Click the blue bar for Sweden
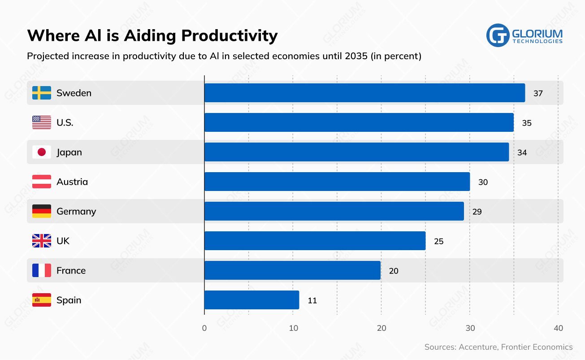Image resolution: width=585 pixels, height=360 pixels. coord(364,93)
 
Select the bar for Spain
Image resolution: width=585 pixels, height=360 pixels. coord(251,300)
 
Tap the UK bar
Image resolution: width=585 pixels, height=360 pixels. coord(315,241)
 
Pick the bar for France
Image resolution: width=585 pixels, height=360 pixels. coord(292,270)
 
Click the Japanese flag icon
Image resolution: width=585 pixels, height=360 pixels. coord(42,152)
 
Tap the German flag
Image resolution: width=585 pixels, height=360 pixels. coord(42,211)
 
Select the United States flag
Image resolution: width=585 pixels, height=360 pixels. coord(42,122)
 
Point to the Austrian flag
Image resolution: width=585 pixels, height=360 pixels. coord(42,182)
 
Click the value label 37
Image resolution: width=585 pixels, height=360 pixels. coord(538,93)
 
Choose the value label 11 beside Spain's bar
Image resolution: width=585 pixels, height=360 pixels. coord(312,300)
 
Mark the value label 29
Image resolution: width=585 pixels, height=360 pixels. coord(477,212)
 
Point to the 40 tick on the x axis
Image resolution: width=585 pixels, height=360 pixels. coord(558,328)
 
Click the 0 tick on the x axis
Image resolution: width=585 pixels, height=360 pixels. coord(204,328)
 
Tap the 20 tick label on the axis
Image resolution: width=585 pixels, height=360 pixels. coord(381,328)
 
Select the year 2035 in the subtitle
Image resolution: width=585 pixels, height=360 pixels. coord(354,56)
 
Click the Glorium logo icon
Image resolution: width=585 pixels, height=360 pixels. coord(498,35)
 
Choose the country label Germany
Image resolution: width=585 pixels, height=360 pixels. coord(76,211)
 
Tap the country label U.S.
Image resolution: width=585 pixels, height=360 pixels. coord(65,122)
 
